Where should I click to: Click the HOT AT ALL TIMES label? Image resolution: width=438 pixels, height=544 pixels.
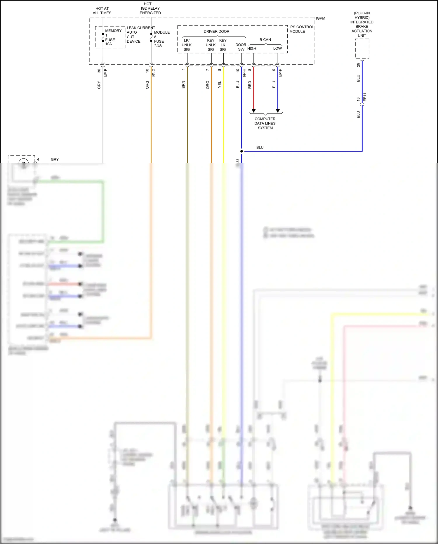pyautogui.click(x=102, y=11)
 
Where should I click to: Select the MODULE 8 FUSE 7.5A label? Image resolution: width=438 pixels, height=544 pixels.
pyautogui.click(x=161, y=39)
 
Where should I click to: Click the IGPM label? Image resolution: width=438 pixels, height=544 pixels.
pyautogui.click(x=320, y=18)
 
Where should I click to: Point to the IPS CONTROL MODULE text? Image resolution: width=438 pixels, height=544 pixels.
pyautogui.click(x=301, y=29)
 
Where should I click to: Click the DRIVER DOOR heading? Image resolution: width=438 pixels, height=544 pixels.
pyautogui.click(x=216, y=32)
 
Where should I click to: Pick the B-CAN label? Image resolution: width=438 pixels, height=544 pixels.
pyautogui.click(x=265, y=40)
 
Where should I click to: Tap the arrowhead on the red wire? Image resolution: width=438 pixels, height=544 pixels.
pyautogui.click(x=253, y=110)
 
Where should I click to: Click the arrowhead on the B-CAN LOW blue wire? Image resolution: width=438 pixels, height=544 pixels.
pyautogui.click(x=278, y=110)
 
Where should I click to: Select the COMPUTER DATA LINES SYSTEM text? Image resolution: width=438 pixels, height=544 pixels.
pyautogui.click(x=265, y=123)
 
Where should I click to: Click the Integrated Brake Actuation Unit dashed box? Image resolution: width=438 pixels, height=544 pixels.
pyautogui.click(x=362, y=49)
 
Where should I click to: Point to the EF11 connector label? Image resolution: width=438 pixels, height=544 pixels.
pyautogui.click(x=365, y=97)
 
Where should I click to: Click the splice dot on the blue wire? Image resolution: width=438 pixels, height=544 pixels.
pyautogui.click(x=241, y=151)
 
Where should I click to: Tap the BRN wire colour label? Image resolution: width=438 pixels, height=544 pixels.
pyautogui.click(x=183, y=85)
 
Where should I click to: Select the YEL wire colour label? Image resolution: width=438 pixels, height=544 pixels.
pyautogui.click(x=220, y=85)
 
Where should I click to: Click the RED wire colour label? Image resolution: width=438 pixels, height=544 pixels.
pyautogui.click(x=250, y=85)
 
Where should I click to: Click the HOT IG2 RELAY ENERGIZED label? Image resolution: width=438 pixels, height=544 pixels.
pyautogui.click(x=150, y=8)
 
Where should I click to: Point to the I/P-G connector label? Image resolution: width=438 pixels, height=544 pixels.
pyautogui.click(x=154, y=73)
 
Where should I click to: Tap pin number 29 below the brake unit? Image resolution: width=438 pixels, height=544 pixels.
pyautogui.click(x=358, y=65)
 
